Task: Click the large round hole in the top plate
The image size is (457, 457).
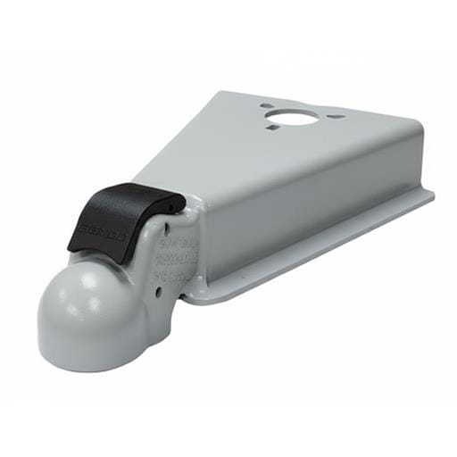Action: (289, 118)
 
